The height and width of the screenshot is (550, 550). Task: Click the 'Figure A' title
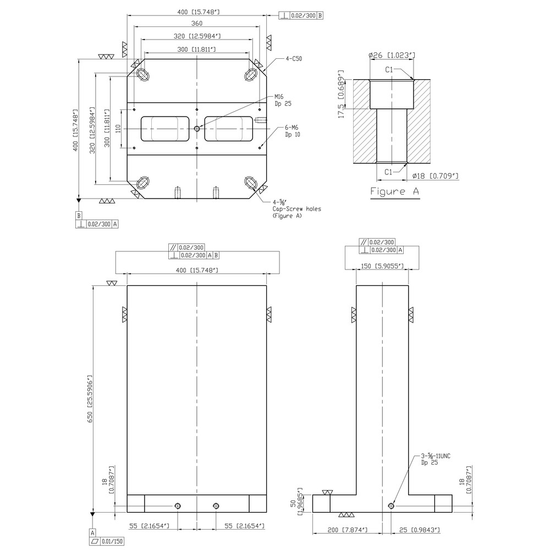click(394, 191)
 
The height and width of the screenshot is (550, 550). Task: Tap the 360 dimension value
click(197, 23)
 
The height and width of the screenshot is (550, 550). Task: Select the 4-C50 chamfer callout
click(294, 59)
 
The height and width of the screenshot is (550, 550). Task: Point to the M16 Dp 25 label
click(283, 100)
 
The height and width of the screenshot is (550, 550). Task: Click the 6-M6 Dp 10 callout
click(293, 131)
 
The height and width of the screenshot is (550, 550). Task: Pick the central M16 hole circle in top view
click(197, 129)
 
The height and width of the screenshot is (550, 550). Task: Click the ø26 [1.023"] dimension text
click(392, 55)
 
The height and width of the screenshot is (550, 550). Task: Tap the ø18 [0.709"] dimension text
click(435, 176)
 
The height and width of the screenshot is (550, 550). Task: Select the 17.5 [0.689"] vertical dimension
click(341, 94)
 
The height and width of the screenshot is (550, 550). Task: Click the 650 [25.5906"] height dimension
click(90, 399)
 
